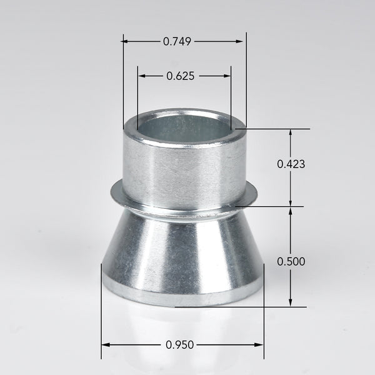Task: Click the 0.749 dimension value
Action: point(177,41)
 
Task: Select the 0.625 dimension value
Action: point(181,76)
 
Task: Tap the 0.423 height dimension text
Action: point(291,164)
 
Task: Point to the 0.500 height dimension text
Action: point(291,261)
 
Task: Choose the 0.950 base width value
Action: point(180,344)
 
